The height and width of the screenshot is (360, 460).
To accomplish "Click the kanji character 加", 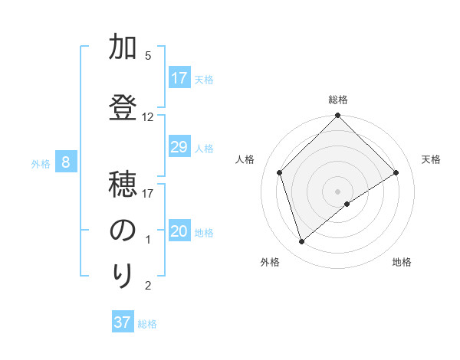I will tap(123, 47).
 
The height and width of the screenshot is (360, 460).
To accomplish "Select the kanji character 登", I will tap(123, 106).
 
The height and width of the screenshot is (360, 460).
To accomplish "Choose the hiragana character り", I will tap(123, 275).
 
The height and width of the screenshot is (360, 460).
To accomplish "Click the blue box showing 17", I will tap(179, 78).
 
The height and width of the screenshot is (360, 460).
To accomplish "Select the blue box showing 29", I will tap(179, 147).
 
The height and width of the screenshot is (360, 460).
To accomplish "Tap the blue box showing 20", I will tap(179, 232).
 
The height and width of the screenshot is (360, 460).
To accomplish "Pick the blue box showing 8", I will tap(66, 162).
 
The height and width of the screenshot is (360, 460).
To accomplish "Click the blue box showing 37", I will tap(123, 322).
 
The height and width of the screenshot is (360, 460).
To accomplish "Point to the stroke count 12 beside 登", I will tap(148, 117).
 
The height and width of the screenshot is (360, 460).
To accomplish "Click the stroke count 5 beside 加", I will tap(148, 56).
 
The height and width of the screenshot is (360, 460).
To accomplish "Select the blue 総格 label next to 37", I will tap(148, 324).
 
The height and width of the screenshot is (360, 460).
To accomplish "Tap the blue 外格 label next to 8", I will tap(40, 163).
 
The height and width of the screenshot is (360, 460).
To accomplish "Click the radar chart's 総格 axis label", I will tap(338, 100).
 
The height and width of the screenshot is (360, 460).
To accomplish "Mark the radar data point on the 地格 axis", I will tap(347, 204).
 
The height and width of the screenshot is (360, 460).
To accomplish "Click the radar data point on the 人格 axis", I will tap(280, 172).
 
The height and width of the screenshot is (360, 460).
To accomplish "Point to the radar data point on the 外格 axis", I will tap(302, 242).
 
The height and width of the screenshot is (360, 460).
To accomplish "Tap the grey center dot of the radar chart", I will tap(338, 191).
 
